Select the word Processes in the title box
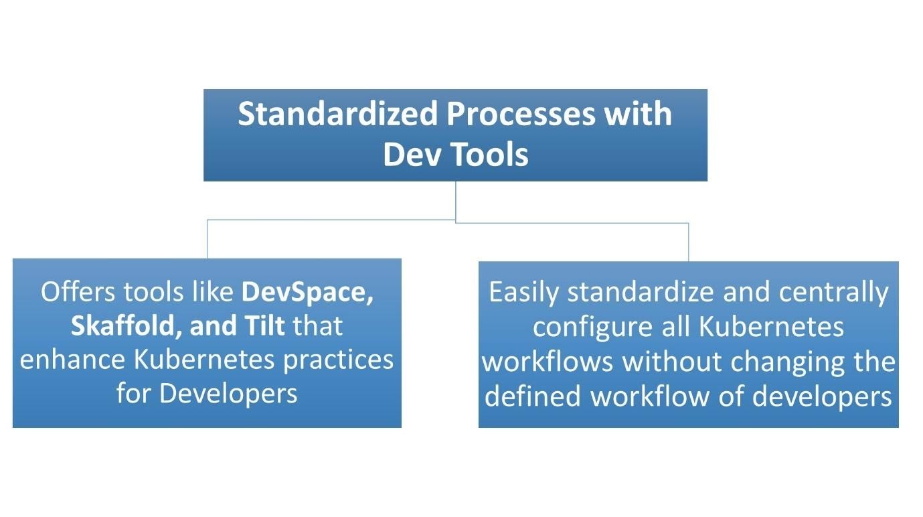pyautogui.click(x=521, y=115)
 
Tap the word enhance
pyautogui.click(x=72, y=360)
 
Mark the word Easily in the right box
pyautogui.click(x=525, y=293)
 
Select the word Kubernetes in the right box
pyautogui.click(x=771, y=327)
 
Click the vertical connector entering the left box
pyautogui.click(x=207, y=239)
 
